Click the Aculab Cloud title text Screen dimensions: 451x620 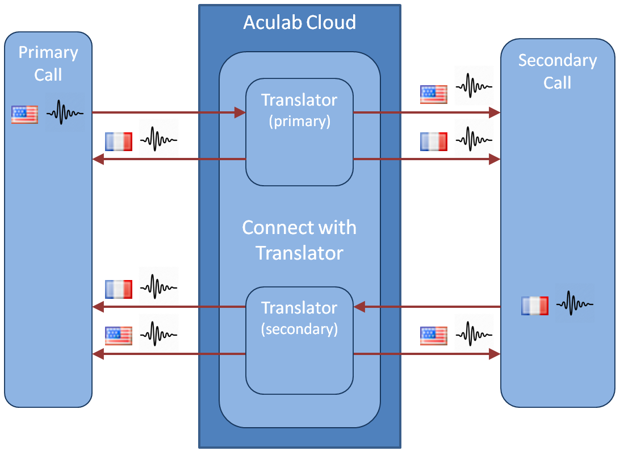click(299, 23)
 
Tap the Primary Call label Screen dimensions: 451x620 click(48, 63)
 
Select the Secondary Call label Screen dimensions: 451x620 click(557, 71)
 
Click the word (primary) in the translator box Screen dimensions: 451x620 click(299, 121)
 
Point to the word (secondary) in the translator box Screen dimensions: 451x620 click(299, 329)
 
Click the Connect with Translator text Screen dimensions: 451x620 click(299, 239)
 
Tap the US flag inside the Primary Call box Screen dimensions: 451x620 click(24, 114)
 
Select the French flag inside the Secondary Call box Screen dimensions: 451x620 click(534, 306)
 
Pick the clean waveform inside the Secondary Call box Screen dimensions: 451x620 click(575, 304)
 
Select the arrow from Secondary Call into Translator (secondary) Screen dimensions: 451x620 click(426, 307)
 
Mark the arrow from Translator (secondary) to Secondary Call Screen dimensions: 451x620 click(426, 354)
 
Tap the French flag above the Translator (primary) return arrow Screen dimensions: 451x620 click(119, 141)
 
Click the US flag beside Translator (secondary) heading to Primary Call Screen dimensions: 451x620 click(119, 336)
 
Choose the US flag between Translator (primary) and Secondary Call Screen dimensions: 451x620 click(433, 94)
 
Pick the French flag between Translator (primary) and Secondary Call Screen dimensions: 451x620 click(433, 141)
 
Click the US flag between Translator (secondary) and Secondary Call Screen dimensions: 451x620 click(433, 336)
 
